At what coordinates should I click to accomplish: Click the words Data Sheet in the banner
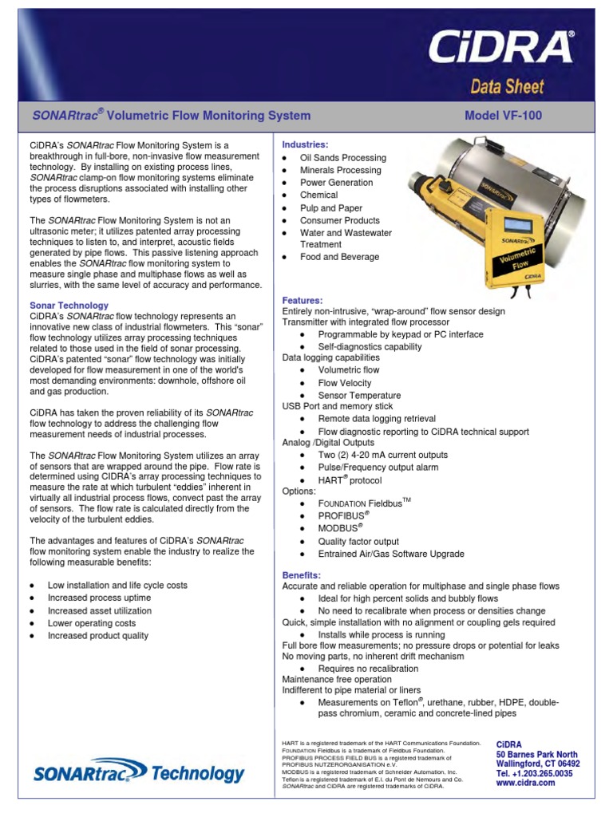[x=506, y=86]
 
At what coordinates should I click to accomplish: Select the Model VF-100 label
[x=503, y=116]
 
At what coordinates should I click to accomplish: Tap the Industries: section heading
[x=305, y=144]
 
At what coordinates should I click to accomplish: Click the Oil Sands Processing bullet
[x=342, y=158]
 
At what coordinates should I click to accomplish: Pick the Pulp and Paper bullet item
[x=330, y=207]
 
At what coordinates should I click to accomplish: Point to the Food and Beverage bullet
[x=339, y=257]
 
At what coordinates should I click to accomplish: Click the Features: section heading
[x=303, y=299]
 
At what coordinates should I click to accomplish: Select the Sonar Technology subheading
[x=69, y=306]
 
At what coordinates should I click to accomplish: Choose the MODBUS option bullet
[x=340, y=529]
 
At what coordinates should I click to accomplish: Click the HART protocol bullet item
[x=350, y=480]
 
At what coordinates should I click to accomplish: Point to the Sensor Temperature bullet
[x=359, y=395]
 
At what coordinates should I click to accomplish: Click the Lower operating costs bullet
[x=92, y=623]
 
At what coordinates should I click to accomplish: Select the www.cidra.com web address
[x=525, y=783]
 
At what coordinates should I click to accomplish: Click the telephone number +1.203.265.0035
[x=534, y=773]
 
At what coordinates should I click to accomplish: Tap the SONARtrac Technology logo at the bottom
[x=139, y=772]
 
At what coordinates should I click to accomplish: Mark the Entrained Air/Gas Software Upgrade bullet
[x=390, y=554]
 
